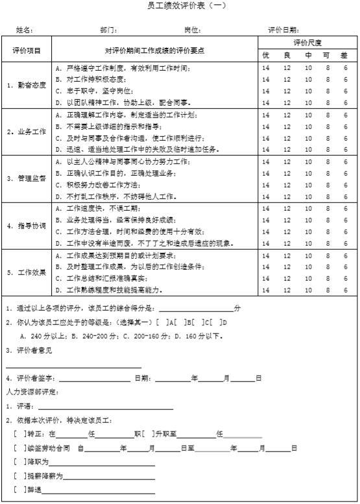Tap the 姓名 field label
pos(24,30)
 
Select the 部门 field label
pos(108,30)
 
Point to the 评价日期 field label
pos(283,30)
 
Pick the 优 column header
pos(266,55)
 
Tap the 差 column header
pos(344,55)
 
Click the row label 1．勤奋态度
pos(27,85)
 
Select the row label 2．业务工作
pos(27,132)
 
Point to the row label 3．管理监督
pos(27,179)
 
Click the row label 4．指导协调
pos(27,226)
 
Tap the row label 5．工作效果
pos(27,272)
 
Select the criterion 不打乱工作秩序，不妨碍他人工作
pos(116,196)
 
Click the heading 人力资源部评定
pos(31,392)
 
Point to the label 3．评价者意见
pos(29,350)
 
